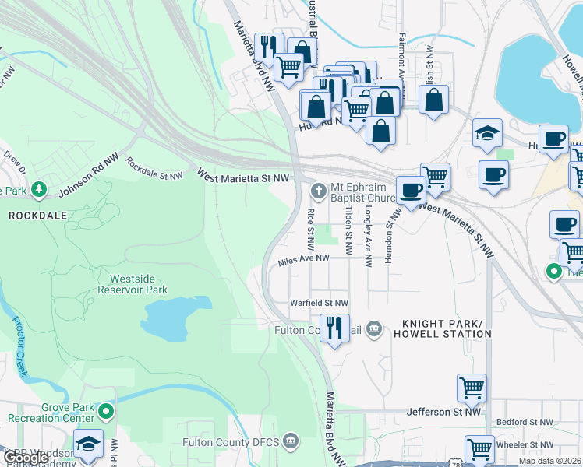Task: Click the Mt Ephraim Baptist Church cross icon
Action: [318, 191]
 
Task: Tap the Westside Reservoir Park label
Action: [132, 283]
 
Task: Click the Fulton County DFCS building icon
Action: [291, 441]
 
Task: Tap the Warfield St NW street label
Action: [319, 303]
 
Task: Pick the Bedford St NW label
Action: [525, 422]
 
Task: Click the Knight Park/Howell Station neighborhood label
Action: [447, 328]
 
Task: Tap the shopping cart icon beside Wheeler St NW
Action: [479, 448]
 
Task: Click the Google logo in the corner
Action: [25, 458]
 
